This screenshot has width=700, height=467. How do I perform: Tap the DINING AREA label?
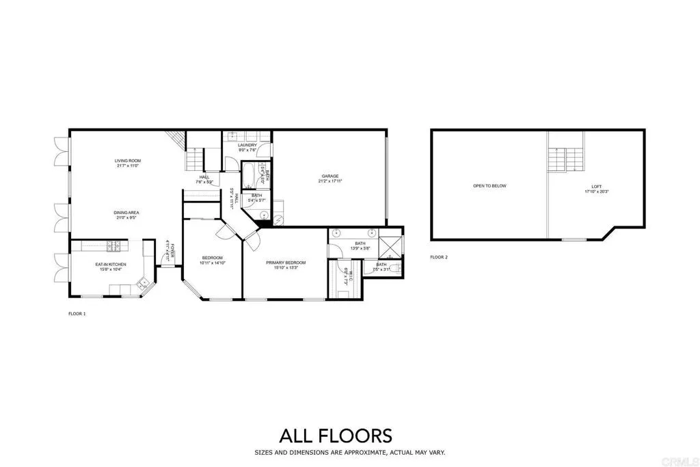126,213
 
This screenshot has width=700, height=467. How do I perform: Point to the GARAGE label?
330,176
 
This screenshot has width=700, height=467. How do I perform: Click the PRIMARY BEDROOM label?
286,263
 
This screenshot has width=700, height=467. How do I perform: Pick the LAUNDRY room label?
247,146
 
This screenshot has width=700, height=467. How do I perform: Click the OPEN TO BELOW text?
489,186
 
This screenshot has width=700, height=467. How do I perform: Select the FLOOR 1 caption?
77,314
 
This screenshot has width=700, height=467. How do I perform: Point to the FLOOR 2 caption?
439,257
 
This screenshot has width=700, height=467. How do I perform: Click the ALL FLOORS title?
335,436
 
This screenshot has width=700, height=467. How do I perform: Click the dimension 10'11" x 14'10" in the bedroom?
212,263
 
